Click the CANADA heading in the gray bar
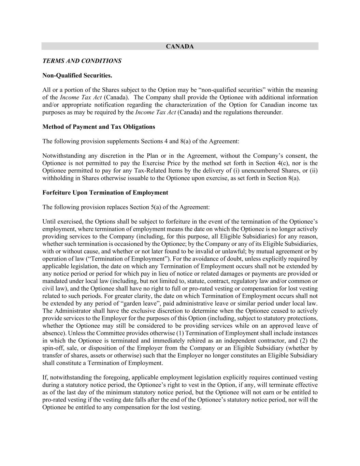179,46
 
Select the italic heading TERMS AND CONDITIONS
82,61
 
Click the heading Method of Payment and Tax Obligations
99,127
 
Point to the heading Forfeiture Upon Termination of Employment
105,193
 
